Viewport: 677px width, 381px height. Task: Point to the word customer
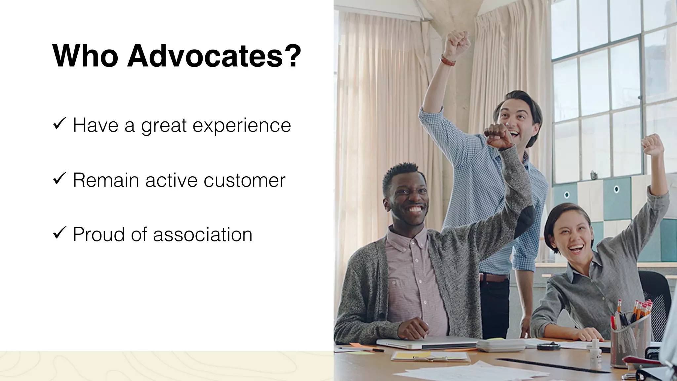[244, 180]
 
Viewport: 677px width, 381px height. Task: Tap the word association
[203, 234]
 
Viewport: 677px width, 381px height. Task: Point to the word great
[164, 126]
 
